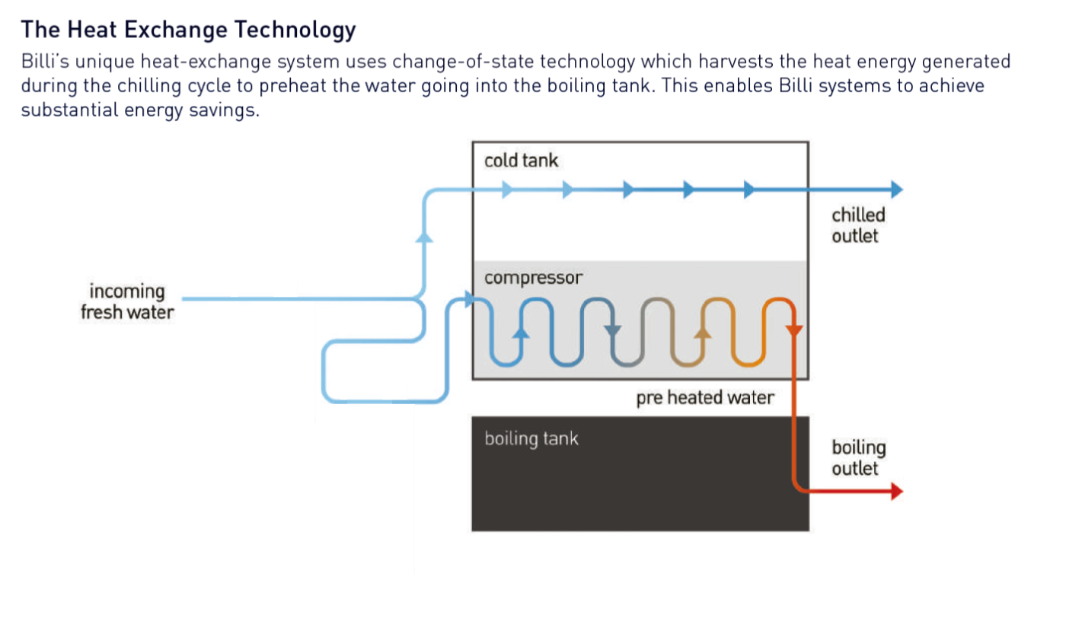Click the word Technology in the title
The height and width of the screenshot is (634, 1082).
(x=295, y=30)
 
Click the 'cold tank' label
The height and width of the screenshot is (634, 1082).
(x=521, y=161)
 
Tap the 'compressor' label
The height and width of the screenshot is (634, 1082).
(x=533, y=278)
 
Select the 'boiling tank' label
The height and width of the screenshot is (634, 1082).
(x=531, y=438)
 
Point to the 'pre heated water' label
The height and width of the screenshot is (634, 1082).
(x=705, y=398)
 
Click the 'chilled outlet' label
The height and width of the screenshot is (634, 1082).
(x=858, y=225)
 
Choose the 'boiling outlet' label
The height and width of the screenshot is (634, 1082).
(x=858, y=457)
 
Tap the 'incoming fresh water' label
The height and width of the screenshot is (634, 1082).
(x=127, y=302)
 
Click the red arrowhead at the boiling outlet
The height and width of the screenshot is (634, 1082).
(x=897, y=492)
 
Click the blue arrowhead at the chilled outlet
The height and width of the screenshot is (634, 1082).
(x=897, y=190)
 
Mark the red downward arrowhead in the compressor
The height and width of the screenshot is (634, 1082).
(x=794, y=330)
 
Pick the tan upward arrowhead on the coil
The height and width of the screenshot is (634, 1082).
(x=703, y=332)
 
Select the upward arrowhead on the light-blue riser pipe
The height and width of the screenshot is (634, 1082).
(x=424, y=237)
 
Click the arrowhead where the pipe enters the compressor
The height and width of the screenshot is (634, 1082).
(x=469, y=299)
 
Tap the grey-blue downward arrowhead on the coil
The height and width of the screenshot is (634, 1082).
(x=612, y=331)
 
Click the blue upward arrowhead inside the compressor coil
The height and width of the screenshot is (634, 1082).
(x=521, y=332)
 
